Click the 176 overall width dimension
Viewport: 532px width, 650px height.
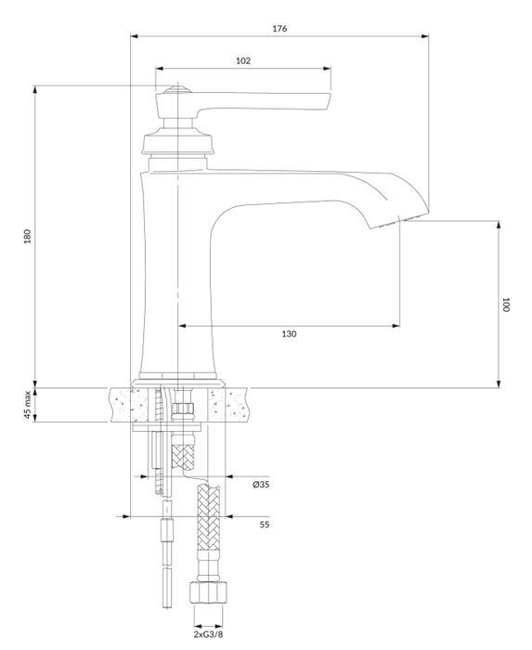point(279,29)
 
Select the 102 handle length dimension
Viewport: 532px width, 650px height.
point(242,60)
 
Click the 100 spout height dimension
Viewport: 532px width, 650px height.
point(507,304)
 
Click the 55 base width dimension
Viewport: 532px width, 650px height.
point(264,525)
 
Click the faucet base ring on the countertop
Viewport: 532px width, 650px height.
point(180,381)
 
